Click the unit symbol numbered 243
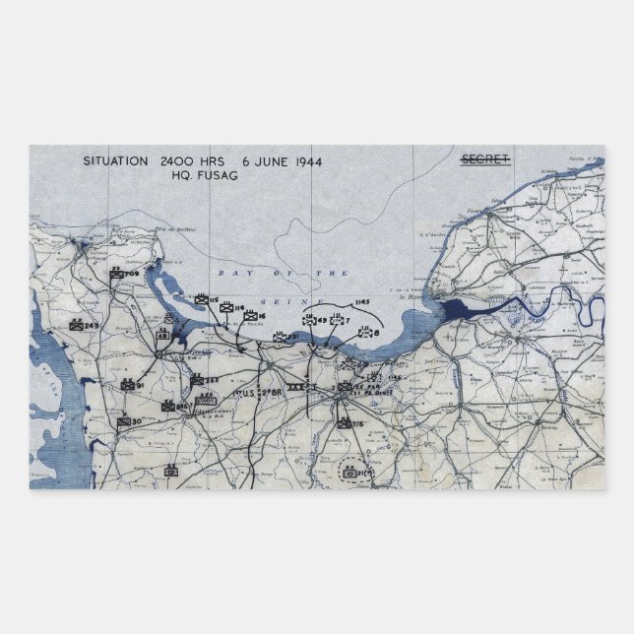pyautogui.click(x=76, y=324)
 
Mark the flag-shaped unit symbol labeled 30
pyautogui.click(x=123, y=422)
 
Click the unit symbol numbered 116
pyautogui.click(x=225, y=309)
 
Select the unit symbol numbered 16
pyautogui.click(x=249, y=315)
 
